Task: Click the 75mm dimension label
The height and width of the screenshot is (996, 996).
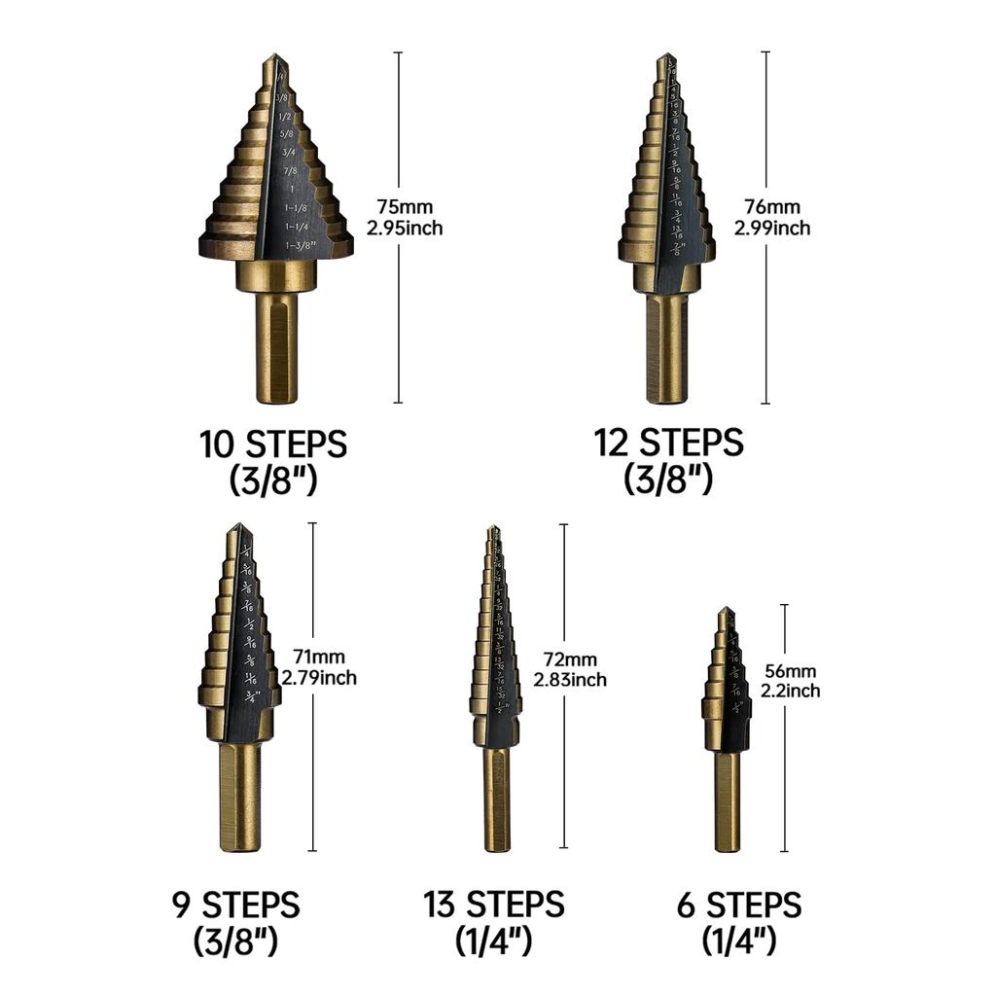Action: (x=406, y=207)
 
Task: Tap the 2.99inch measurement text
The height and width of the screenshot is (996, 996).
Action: (x=773, y=229)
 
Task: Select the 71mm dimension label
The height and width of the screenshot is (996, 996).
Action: (x=319, y=657)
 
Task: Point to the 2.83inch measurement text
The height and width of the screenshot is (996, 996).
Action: (x=570, y=680)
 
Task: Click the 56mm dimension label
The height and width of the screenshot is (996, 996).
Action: (x=790, y=671)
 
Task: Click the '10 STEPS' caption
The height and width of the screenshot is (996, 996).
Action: (x=273, y=445)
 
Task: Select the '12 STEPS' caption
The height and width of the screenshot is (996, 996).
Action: (x=669, y=443)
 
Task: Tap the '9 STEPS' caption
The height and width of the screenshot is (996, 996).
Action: (x=235, y=906)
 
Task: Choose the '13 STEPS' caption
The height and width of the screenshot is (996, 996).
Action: (x=493, y=906)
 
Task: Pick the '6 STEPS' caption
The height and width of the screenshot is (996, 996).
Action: (x=739, y=906)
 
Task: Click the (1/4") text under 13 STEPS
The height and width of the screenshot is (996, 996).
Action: (x=493, y=941)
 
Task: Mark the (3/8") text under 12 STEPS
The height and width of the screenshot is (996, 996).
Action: (x=669, y=479)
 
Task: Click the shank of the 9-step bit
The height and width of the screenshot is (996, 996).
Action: (x=239, y=798)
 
